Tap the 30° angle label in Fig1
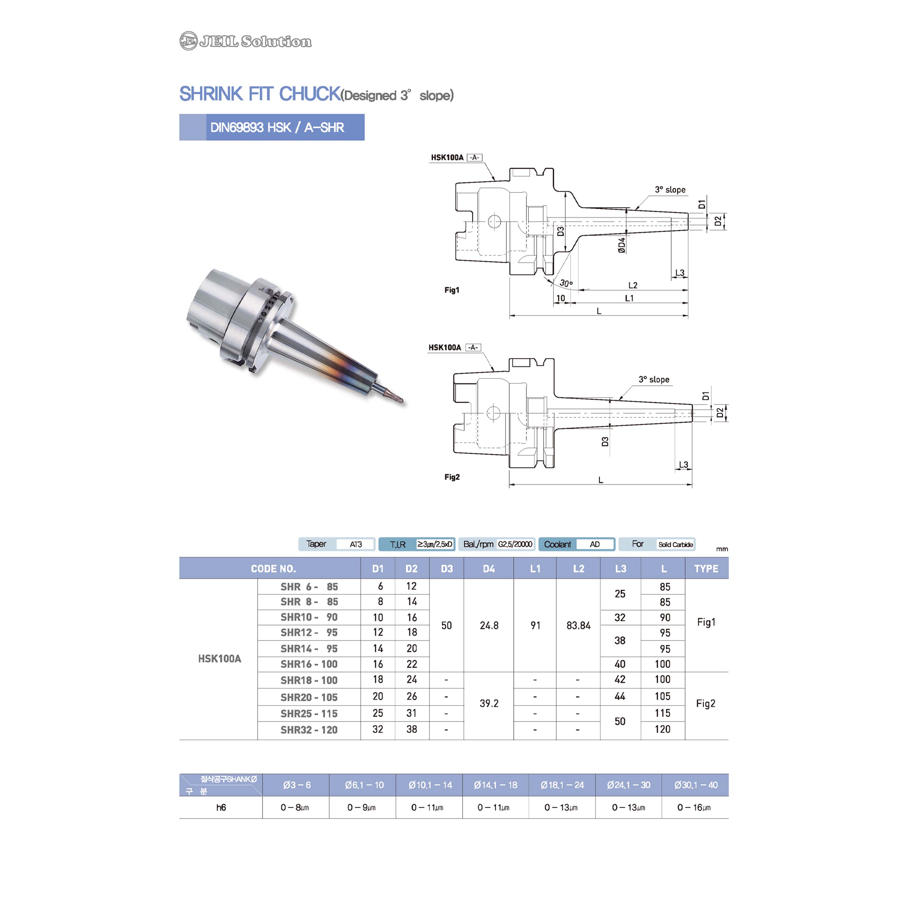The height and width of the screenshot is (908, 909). point(566,283)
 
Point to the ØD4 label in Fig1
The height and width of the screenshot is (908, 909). point(622,245)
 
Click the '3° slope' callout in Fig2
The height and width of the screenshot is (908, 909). point(654,379)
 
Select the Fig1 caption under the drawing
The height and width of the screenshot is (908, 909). point(452,290)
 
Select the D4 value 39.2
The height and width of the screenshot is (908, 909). point(489,703)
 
